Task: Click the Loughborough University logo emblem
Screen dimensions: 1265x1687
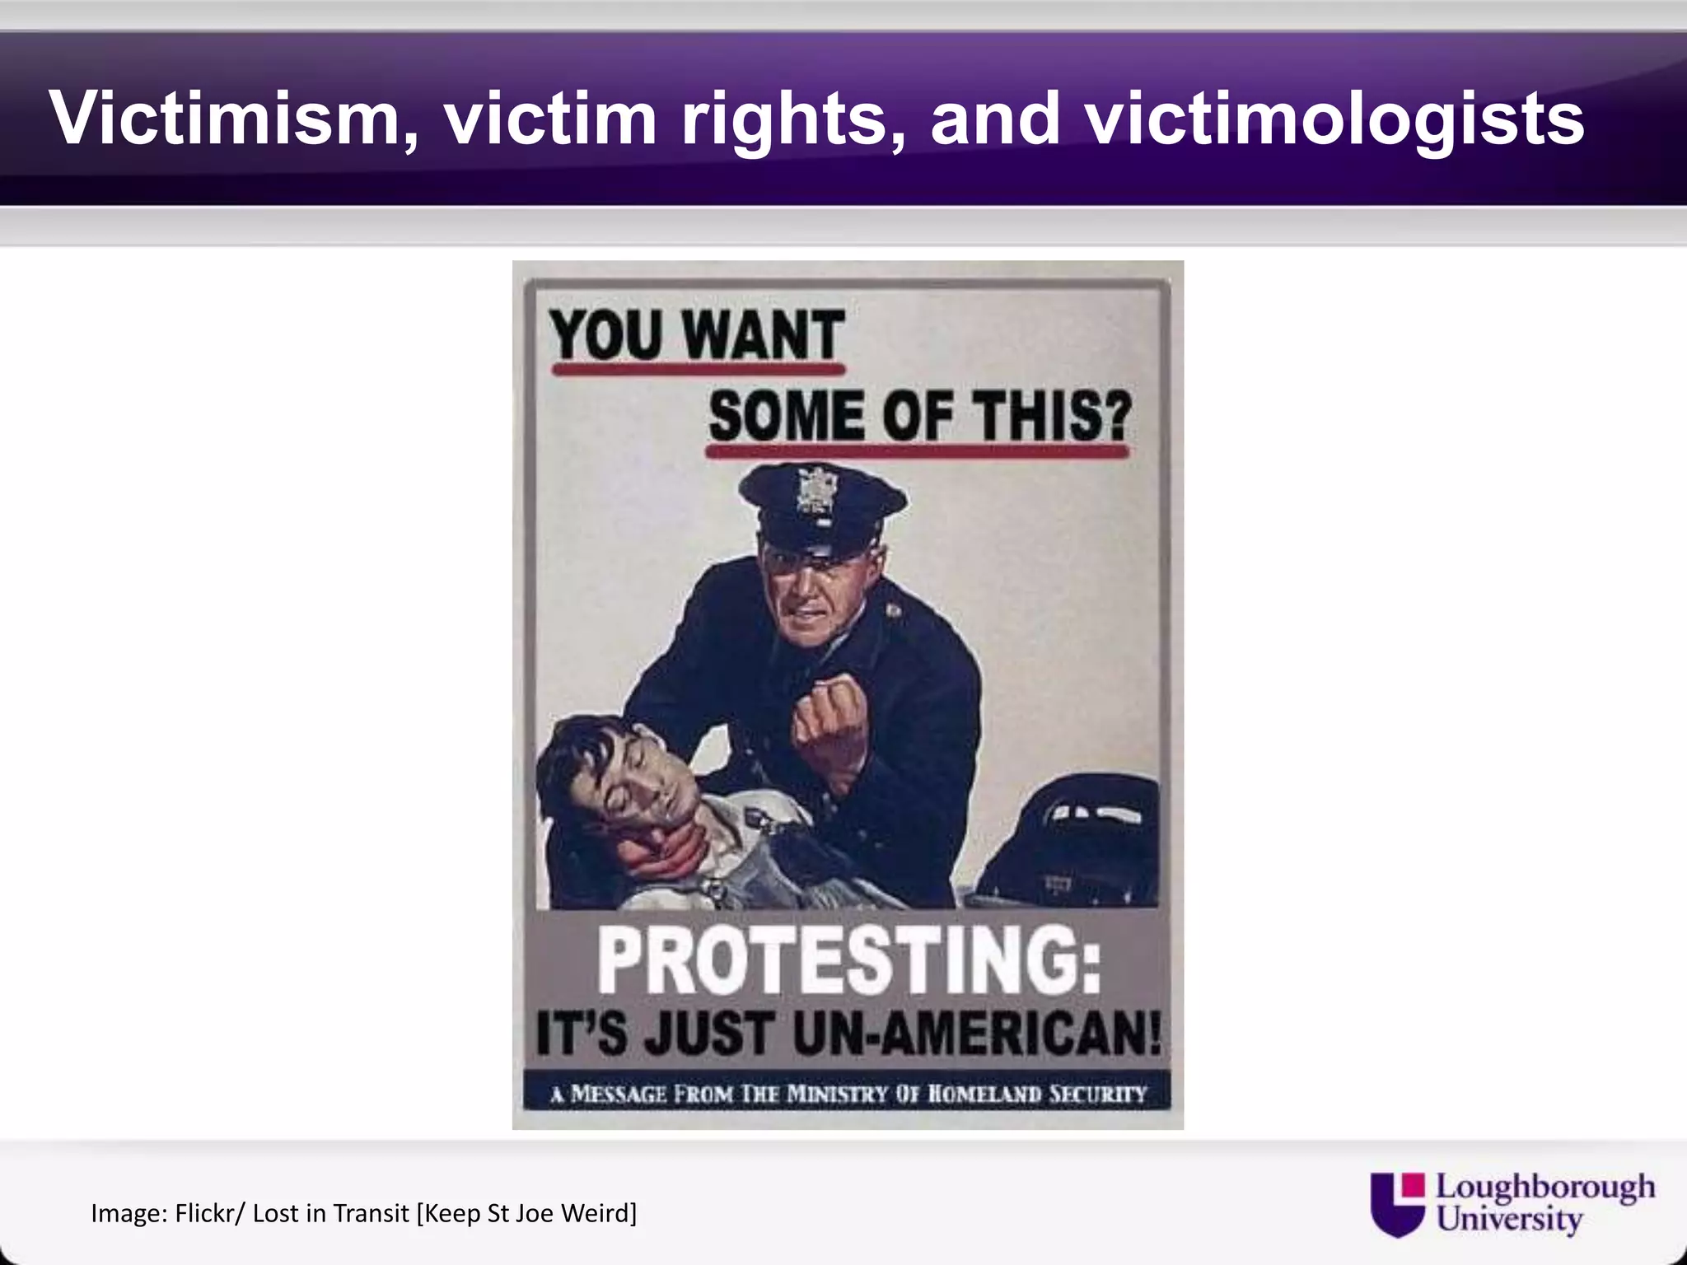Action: coord(1398,1203)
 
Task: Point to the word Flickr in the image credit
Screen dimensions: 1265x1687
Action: coord(209,1213)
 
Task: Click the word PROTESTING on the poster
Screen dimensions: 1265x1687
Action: coord(848,962)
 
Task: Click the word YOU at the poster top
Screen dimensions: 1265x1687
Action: coord(606,336)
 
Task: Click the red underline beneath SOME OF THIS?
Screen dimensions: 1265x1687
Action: coord(917,451)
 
